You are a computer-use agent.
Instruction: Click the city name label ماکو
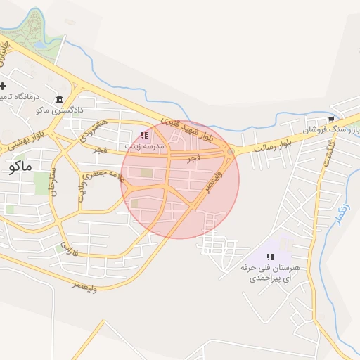pos(23,168)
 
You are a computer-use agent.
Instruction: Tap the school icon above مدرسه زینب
pos(144,135)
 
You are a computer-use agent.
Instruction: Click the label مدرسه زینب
pos(144,146)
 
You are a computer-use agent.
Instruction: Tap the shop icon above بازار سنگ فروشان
pos(332,119)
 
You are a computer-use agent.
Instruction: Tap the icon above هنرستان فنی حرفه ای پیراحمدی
pos(270,257)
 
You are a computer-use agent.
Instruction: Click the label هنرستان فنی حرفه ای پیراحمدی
pos(270,273)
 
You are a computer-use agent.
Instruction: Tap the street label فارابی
pos(67,247)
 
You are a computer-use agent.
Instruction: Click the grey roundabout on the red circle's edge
pos(230,151)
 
